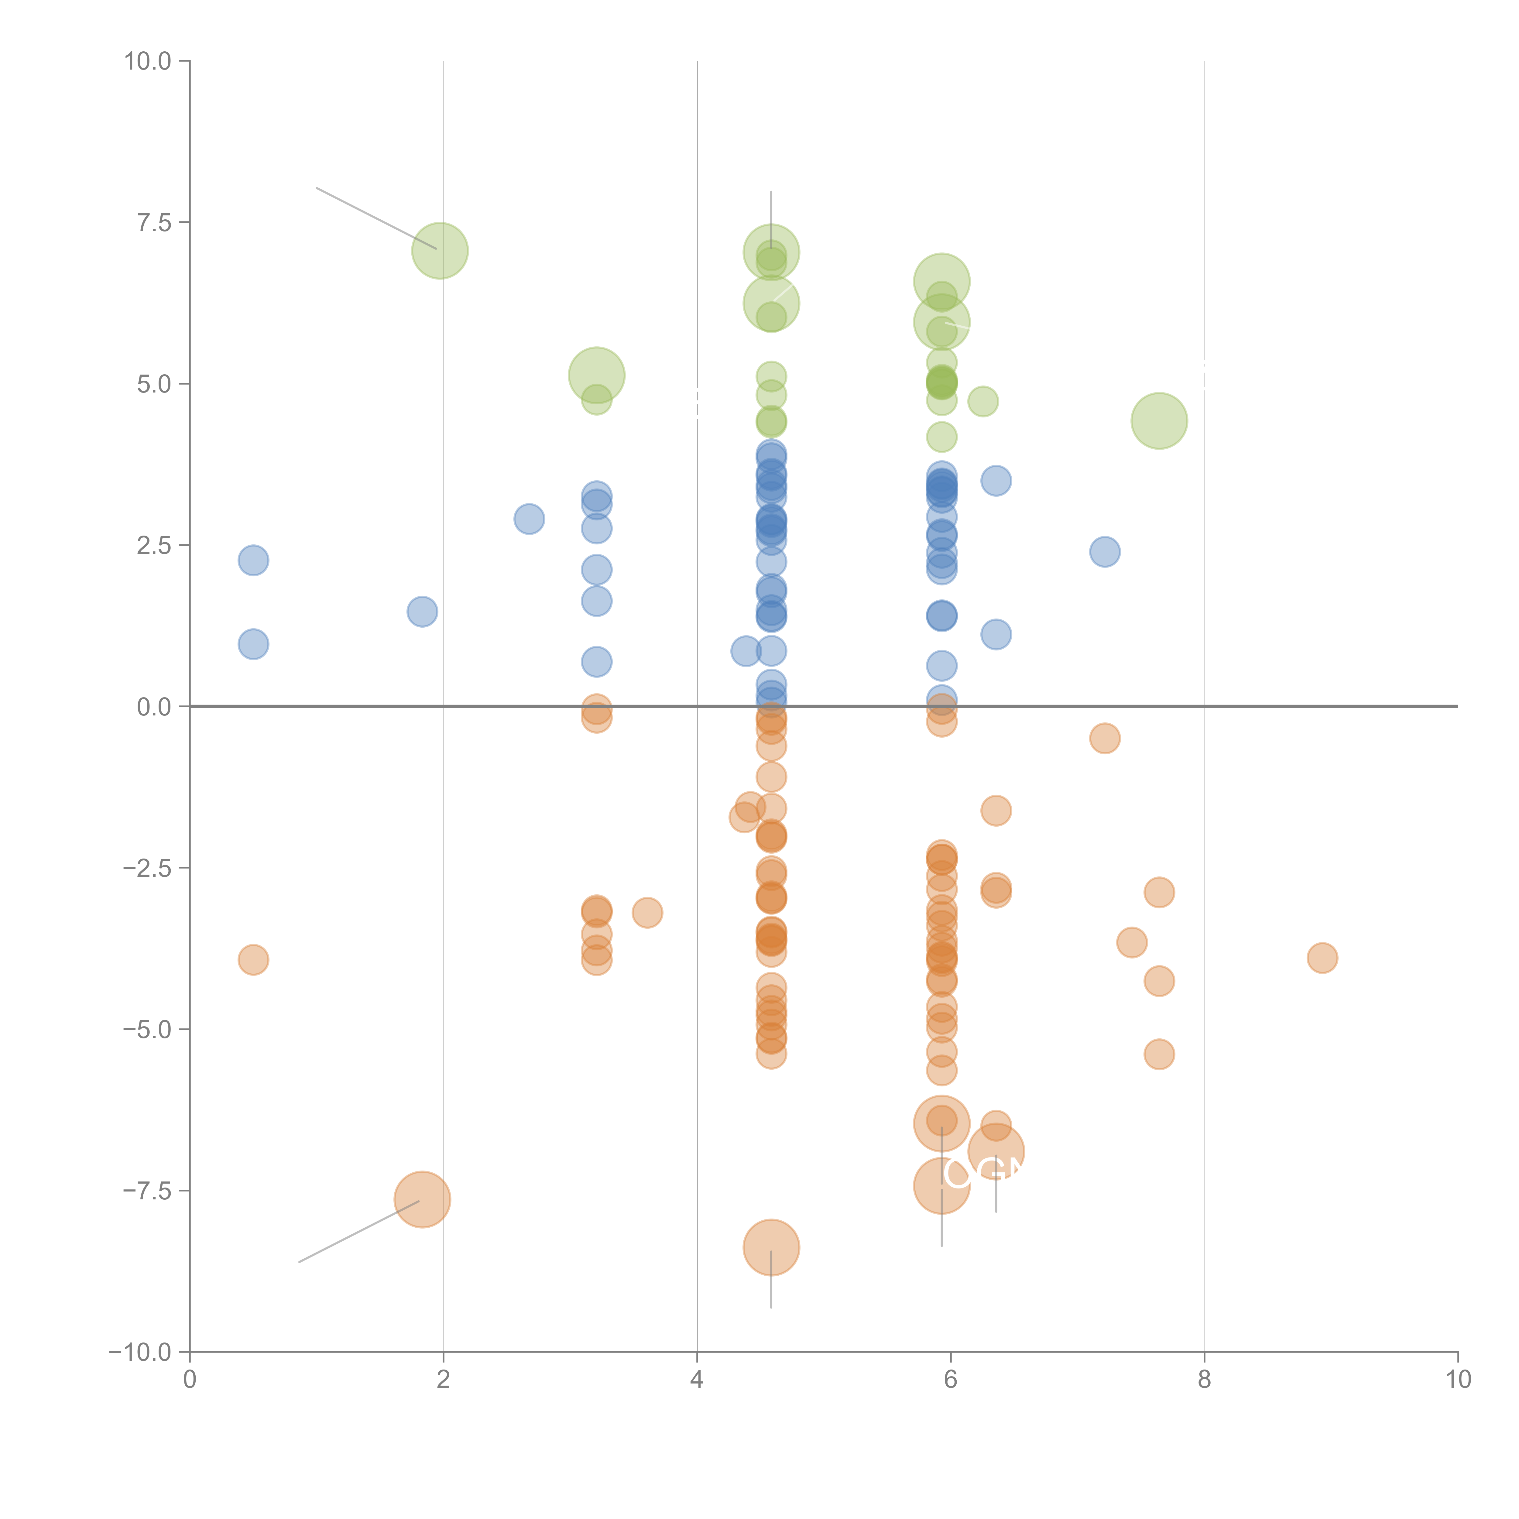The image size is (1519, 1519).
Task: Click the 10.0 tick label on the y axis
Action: coord(148,61)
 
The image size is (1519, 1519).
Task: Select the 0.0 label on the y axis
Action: coord(154,707)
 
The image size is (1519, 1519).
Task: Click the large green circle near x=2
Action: coord(440,251)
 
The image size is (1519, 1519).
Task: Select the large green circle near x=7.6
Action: coord(1159,421)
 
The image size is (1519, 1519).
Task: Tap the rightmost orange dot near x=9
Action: coord(1322,958)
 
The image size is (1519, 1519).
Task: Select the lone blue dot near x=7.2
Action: coord(1105,552)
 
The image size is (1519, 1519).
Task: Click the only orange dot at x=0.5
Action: coord(253,959)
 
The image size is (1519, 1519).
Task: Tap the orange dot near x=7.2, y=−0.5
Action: coord(1105,738)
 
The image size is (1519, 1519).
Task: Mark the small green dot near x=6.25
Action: coord(983,402)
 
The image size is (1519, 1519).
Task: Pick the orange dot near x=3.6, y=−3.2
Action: coord(647,913)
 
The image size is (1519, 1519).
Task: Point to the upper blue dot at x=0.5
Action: coord(253,561)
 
